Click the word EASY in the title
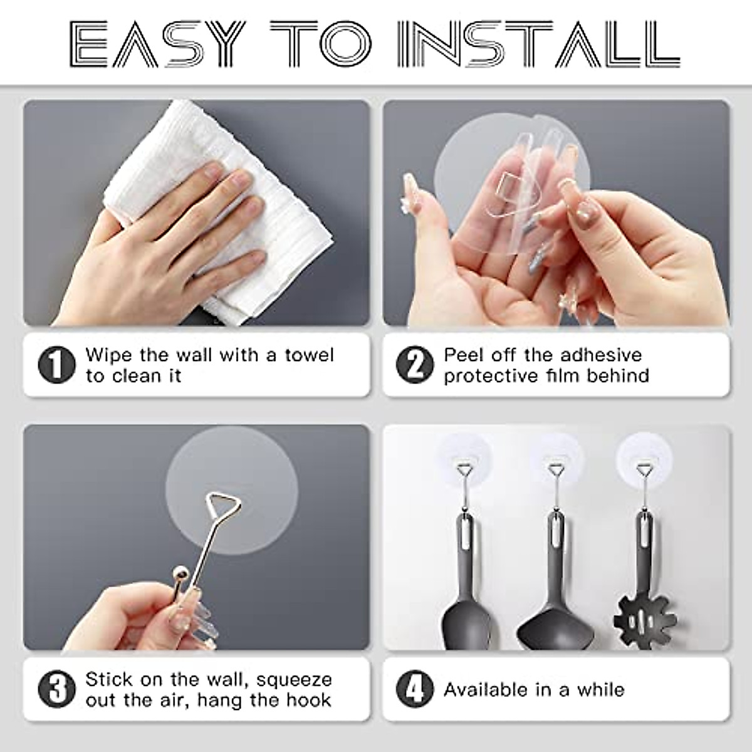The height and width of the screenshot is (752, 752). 156,44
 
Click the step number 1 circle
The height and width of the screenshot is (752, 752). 56,365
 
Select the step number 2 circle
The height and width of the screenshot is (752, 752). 415,365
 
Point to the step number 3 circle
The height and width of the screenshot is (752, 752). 56,689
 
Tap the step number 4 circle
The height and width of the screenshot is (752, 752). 415,689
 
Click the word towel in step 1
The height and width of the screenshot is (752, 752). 310,355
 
